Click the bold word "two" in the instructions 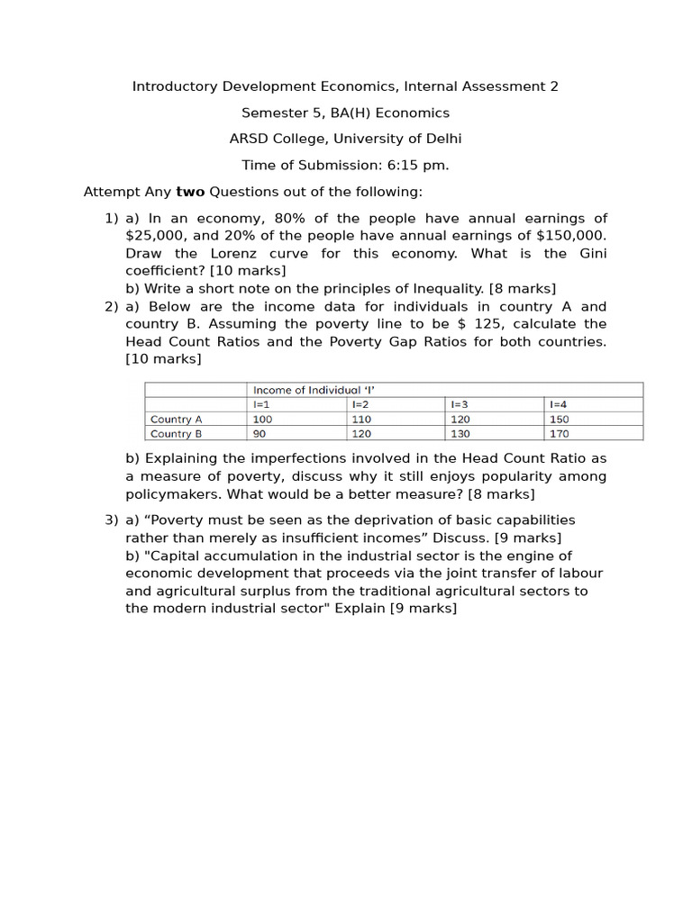coord(190,192)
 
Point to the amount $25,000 coord(156,236)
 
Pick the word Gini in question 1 coord(591,253)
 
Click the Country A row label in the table coord(177,419)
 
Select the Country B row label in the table coord(177,433)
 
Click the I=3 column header coord(459,404)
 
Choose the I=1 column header coord(261,404)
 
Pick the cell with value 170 coord(558,433)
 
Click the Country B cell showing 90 coord(259,433)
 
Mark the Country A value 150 coord(558,419)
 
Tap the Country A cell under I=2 coord(361,419)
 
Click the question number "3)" coord(112,520)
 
